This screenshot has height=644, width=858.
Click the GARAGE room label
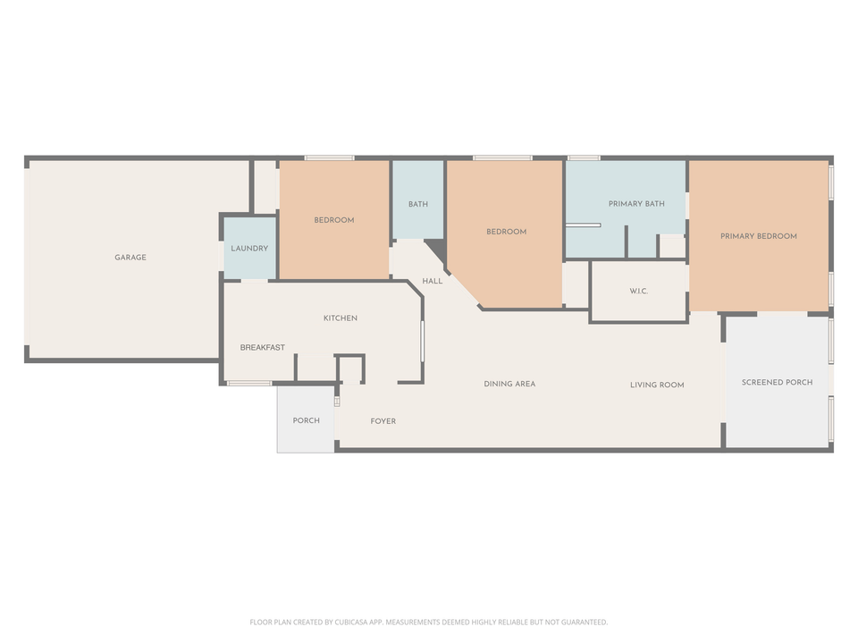click(x=130, y=258)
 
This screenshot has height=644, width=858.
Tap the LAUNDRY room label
click(x=249, y=249)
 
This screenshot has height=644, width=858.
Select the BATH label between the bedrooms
click(x=418, y=205)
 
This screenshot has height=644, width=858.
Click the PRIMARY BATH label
click(x=636, y=204)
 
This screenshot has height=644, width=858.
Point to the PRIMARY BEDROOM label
click(x=759, y=236)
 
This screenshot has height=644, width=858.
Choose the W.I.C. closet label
click(x=638, y=291)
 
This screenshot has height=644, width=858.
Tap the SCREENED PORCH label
click(x=777, y=383)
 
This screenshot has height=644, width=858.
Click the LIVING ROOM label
click(x=657, y=386)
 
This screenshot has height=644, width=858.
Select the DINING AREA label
click(x=509, y=385)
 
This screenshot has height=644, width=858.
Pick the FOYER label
click(x=383, y=421)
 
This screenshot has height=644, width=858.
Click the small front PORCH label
click(x=306, y=420)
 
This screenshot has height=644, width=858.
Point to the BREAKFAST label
click(x=263, y=348)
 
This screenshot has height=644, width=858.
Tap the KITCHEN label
click(x=340, y=318)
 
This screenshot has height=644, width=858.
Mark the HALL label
click(x=433, y=281)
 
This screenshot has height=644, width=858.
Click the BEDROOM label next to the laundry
click(x=333, y=220)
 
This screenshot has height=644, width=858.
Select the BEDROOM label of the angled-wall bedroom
click(x=506, y=232)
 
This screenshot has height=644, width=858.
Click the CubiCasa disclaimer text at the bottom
click(x=429, y=622)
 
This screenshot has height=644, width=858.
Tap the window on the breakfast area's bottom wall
click(x=249, y=384)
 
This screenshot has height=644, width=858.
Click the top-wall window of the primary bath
click(x=584, y=158)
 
